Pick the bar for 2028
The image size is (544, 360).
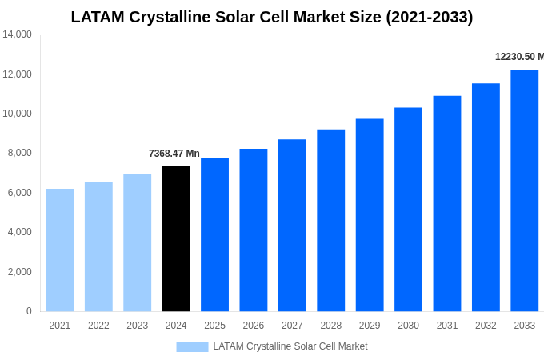click(330, 220)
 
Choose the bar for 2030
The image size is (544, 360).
click(408, 209)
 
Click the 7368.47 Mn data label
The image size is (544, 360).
click(174, 154)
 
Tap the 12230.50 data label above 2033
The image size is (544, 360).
click(518, 57)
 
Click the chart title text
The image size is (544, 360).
click(272, 17)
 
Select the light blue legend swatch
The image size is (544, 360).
click(192, 346)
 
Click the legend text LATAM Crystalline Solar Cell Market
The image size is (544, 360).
click(290, 346)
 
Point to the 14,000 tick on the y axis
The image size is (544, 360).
click(17, 34)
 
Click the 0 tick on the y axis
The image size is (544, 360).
click(29, 311)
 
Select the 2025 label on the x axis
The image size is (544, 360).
click(214, 326)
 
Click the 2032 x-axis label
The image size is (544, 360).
click(486, 326)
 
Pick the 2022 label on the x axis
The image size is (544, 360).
click(98, 326)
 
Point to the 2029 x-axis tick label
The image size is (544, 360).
click(370, 326)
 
